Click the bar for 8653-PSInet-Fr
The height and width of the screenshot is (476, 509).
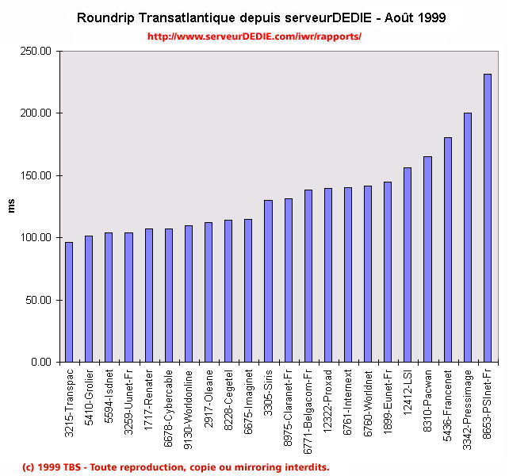(488, 218)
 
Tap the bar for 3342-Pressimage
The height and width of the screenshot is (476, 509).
(468, 237)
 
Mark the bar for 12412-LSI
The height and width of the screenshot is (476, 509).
(408, 265)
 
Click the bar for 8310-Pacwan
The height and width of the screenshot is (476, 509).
(427, 259)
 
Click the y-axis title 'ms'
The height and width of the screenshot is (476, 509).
(11, 207)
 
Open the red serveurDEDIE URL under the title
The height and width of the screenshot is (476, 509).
(254, 36)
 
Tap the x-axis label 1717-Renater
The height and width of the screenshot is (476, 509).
(148, 393)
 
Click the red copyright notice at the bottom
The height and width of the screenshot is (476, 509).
(176, 466)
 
